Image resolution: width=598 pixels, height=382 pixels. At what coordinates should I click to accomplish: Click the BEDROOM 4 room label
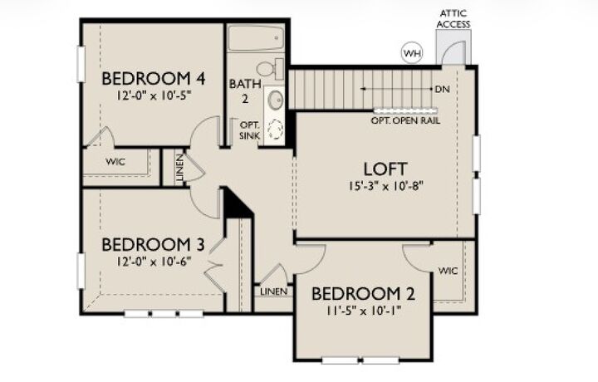point(153,79)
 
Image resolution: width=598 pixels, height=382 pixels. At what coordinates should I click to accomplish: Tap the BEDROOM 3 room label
point(153,245)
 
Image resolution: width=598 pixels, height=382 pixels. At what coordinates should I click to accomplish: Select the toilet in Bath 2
point(267,68)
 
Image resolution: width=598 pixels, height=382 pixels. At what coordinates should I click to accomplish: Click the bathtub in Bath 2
point(257,39)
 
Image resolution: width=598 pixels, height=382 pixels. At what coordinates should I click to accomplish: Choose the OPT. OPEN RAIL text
point(405,120)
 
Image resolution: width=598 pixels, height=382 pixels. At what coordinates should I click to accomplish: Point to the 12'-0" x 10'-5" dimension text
point(153,95)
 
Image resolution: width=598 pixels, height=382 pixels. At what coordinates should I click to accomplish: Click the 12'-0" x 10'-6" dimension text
point(153,261)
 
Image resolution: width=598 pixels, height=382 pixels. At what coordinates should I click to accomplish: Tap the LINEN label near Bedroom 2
point(273,291)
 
